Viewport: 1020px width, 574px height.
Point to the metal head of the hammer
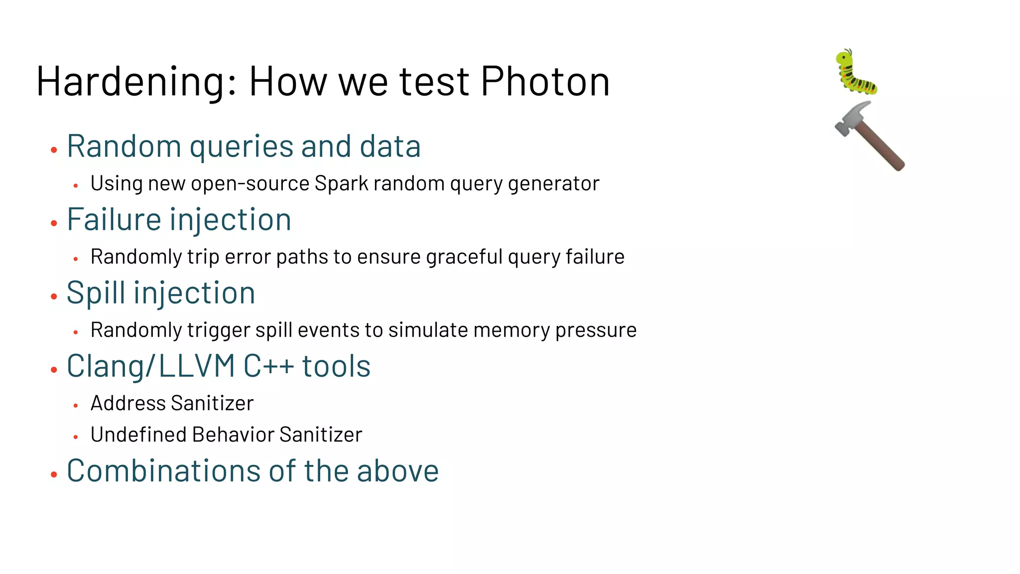point(852,117)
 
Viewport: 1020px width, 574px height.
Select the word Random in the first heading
point(124,146)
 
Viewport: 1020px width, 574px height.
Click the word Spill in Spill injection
point(96,293)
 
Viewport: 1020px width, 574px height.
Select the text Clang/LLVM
point(150,367)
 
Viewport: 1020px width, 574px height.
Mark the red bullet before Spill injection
point(54,296)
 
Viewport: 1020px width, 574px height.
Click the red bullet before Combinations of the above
point(54,474)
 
